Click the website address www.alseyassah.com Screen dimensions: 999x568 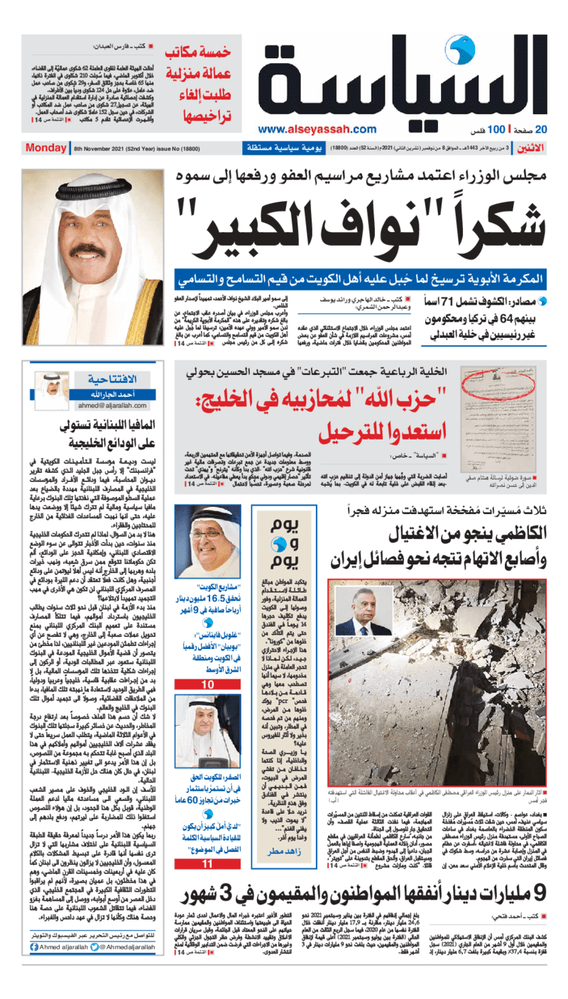pyautogui.click(x=317, y=129)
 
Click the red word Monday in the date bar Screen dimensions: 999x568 pyautogui.click(x=45, y=148)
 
